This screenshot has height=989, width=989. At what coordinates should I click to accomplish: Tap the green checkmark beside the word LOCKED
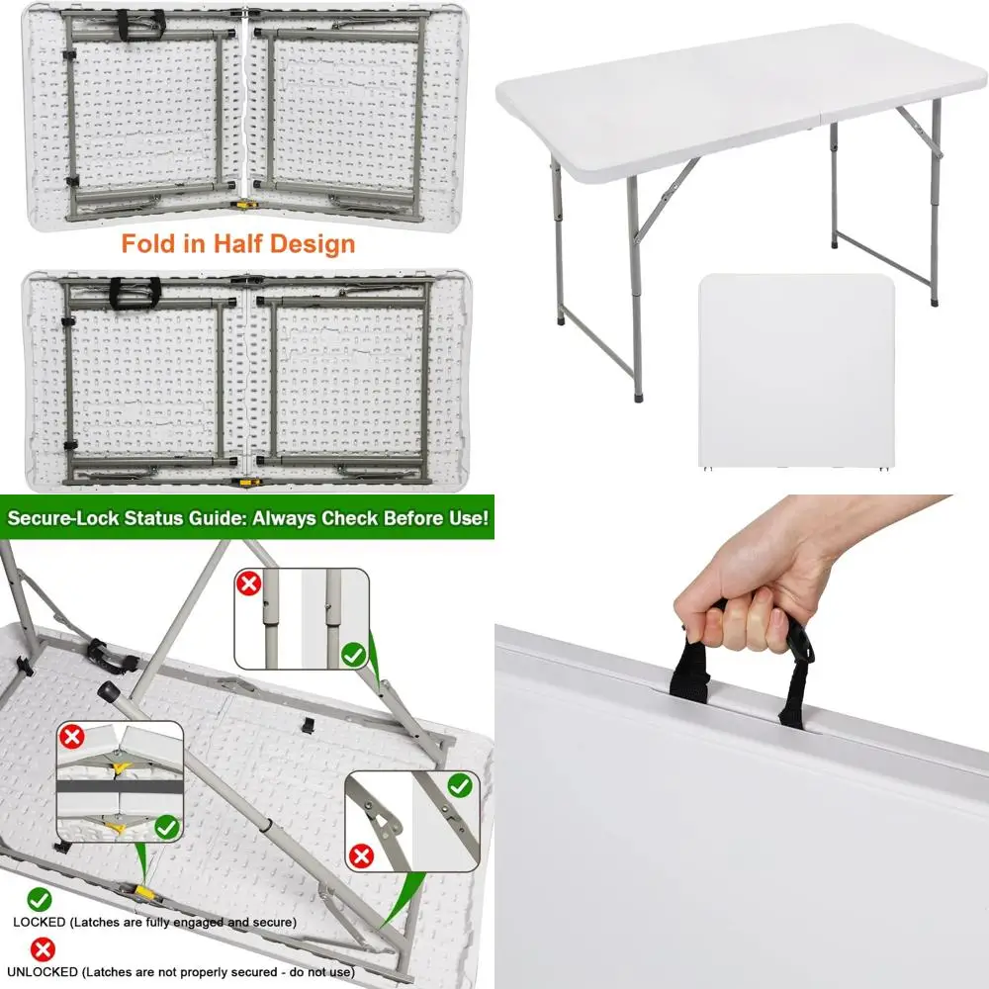tap(41, 899)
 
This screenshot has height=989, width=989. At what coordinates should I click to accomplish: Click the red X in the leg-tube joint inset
tap(249, 584)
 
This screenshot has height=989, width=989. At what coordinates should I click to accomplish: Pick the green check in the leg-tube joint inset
tap(353, 654)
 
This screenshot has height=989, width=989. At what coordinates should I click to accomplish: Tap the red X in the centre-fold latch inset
tap(71, 736)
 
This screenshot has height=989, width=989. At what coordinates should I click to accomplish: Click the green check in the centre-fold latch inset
tap(167, 826)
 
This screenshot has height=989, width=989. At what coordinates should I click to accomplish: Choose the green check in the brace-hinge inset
tap(459, 785)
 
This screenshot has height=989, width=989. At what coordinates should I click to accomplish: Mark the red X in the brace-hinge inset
tap(361, 855)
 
